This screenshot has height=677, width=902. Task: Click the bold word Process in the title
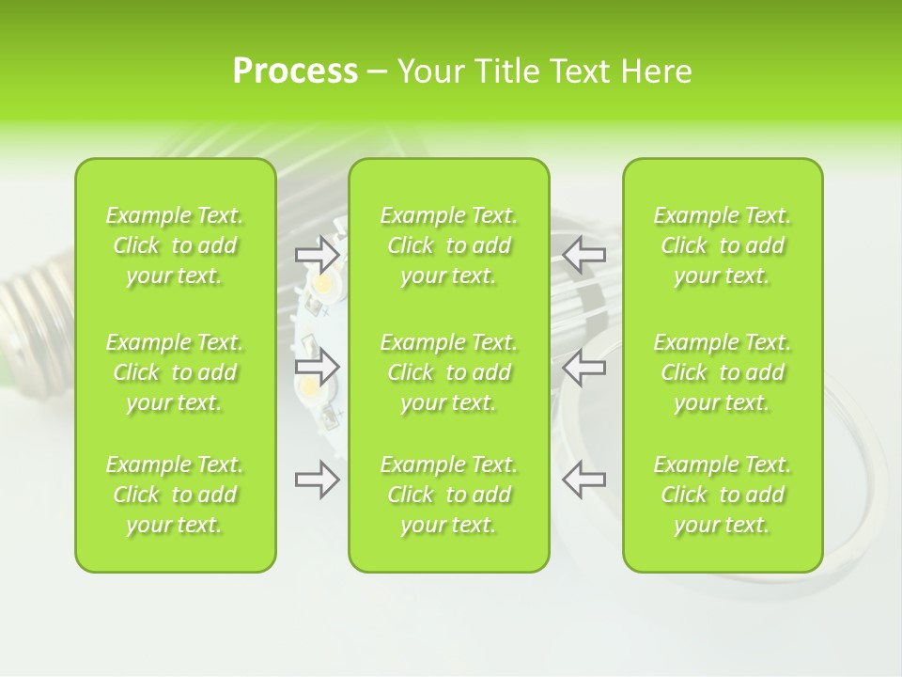click(295, 71)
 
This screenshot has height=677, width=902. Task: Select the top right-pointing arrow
click(317, 254)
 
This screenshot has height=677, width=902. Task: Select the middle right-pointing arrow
click(317, 366)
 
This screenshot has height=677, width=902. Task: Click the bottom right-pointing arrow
click(317, 480)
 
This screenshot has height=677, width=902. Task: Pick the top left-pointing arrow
click(583, 254)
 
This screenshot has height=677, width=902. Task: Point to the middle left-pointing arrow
click(583, 366)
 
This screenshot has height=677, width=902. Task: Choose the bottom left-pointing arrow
click(583, 480)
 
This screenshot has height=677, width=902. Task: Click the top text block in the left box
click(175, 245)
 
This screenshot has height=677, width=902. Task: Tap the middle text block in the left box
click(175, 372)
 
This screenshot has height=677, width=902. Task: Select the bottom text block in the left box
click(175, 495)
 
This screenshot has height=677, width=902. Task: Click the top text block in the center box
click(449, 245)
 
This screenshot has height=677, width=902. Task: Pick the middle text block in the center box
click(449, 372)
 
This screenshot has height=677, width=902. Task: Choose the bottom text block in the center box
click(449, 495)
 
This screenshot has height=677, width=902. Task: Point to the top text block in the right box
click(723, 245)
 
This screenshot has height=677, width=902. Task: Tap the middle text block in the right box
click(723, 372)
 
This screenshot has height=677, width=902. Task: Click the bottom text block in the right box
click(723, 495)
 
